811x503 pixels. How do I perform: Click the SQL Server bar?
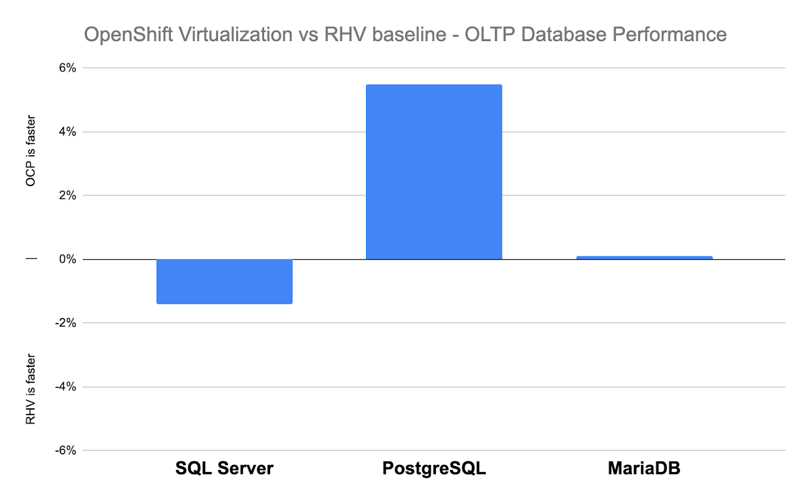[224, 281]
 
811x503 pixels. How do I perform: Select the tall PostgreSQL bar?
[434, 172]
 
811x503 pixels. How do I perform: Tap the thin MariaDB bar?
[644, 258]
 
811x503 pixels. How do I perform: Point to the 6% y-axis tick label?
[67, 68]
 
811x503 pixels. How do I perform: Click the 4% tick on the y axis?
[67, 132]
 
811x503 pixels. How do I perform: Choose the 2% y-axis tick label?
[67, 195]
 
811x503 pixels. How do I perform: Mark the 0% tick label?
[67, 259]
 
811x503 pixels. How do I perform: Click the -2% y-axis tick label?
[65, 323]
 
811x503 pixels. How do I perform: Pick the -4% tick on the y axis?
[65, 387]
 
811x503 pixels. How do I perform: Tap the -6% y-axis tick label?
[65, 450]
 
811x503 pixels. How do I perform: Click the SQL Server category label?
[224, 468]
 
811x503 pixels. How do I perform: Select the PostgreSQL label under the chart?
[434, 468]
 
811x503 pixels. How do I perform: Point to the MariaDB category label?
[644, 468]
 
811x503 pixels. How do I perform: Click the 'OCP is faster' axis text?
[31, 151]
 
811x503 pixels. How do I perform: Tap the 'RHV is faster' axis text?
[31, 389]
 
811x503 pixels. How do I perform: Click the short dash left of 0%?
[31, 259]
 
